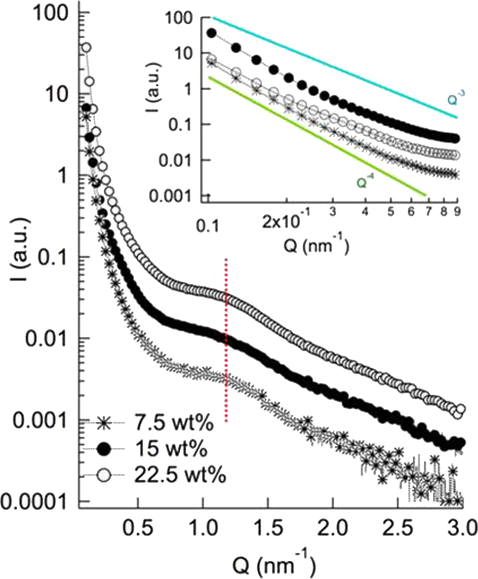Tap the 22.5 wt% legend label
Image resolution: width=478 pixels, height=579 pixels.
[x=180, y=476]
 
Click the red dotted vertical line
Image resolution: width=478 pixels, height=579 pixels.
[x=226, y=339]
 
